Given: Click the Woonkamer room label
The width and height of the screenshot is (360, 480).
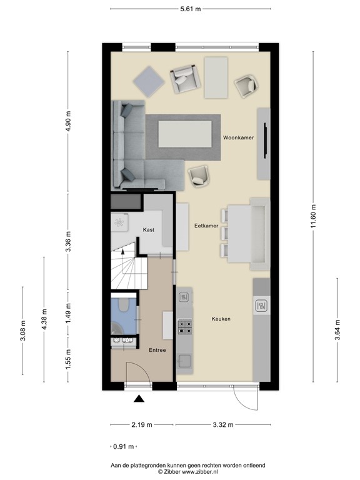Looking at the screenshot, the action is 238,137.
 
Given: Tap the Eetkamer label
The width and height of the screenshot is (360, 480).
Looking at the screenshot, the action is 206,226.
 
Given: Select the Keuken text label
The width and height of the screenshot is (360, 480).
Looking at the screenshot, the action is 221,319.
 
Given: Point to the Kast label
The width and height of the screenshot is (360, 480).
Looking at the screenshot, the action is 149,229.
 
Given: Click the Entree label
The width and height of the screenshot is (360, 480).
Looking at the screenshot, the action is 157,350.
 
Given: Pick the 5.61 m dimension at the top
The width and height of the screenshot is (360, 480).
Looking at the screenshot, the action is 191,9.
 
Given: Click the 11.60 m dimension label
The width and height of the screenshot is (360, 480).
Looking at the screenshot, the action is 313,216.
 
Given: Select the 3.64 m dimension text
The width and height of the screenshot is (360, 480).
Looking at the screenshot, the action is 337,330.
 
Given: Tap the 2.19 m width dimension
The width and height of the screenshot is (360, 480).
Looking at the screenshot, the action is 142,424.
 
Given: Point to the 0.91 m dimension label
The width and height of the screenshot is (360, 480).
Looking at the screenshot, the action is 123,447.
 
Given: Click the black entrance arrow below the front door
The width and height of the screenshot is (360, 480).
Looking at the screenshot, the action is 139,398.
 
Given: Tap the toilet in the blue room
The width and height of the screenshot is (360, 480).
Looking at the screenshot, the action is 124,305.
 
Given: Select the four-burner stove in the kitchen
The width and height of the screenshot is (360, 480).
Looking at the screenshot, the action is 185,326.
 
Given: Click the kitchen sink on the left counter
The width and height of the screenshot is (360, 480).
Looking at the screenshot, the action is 184,361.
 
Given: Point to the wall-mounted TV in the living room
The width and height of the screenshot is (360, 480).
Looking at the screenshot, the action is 266,141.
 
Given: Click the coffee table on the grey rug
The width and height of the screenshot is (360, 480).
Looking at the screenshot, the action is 185,134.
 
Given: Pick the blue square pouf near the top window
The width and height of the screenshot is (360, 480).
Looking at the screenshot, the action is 149,81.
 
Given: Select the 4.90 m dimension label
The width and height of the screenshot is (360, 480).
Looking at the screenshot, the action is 68,121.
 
